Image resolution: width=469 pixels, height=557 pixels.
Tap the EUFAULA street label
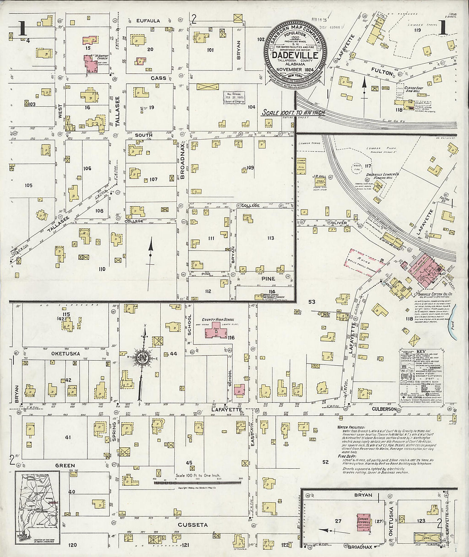(148, 20)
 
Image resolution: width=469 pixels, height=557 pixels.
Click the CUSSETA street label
(192, 525)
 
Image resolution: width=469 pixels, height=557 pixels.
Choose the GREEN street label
(64, 466)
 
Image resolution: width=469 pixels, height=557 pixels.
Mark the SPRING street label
(114, 426)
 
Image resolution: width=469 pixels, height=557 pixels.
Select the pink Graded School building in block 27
(364, 521)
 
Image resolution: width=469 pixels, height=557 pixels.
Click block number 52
(326, 462)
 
